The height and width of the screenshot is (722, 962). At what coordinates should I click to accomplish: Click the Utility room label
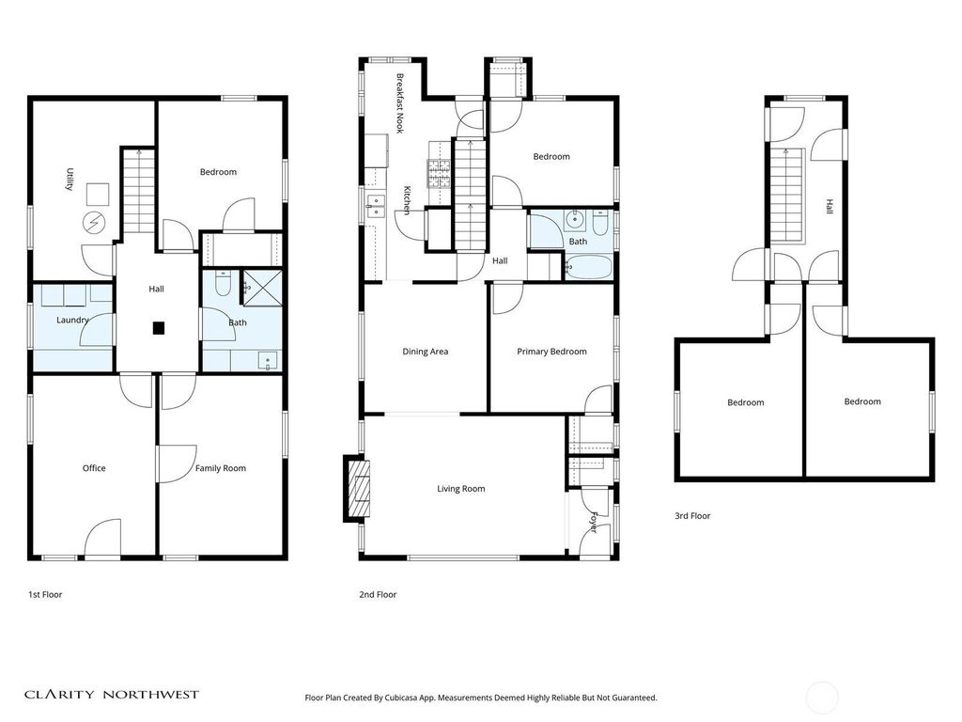(x=70, y=180)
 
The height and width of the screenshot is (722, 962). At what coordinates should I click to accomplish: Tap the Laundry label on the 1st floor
(x=72, y=320)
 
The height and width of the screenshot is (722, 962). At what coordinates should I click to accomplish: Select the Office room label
(x=94, y=468)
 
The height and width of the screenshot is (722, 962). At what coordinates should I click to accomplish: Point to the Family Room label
(x=220, y=468)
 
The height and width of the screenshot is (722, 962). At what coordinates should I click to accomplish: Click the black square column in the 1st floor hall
(x=159, y=328)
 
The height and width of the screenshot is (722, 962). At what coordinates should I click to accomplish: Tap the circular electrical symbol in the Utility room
(x=93, y=222)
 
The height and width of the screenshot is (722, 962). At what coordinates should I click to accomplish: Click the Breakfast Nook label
(x=400, y=103)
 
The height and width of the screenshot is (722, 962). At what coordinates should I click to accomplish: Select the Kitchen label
(x=407, y=200)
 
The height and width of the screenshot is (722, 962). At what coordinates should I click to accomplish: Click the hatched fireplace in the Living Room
(x=359, y=489)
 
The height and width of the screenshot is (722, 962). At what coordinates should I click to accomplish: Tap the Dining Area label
(x=426, y=352)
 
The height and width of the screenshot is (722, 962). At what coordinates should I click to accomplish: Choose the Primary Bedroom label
(x=551, y=352)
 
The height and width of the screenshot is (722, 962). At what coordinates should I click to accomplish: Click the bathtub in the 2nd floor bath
(x=588, y=268)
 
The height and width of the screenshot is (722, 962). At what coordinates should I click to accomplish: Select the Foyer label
(x=594, y=522)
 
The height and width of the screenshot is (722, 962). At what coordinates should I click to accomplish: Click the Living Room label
(x=460, y=489)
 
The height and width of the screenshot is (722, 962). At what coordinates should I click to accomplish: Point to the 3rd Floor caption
(x=692, y=516)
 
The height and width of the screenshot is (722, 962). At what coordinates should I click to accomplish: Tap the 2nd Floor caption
(x=378, y=594)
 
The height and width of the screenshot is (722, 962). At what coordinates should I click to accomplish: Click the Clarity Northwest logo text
(x=112, y=695)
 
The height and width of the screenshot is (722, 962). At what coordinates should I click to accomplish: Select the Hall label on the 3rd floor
(x=830, y=206)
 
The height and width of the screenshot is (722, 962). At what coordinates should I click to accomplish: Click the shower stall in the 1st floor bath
(x=263, y=288)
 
